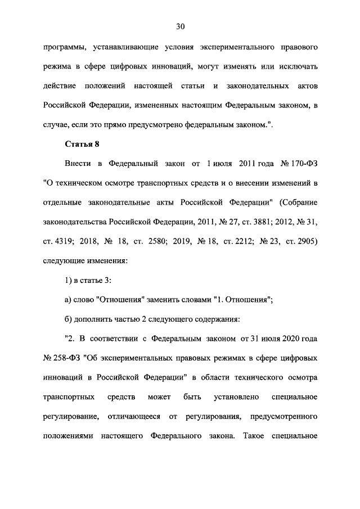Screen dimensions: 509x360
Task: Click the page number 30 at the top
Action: [x=180, y=26]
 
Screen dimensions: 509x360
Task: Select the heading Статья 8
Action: [x=82, y=144]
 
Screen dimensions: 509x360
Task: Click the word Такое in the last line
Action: [x=254, y=436]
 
